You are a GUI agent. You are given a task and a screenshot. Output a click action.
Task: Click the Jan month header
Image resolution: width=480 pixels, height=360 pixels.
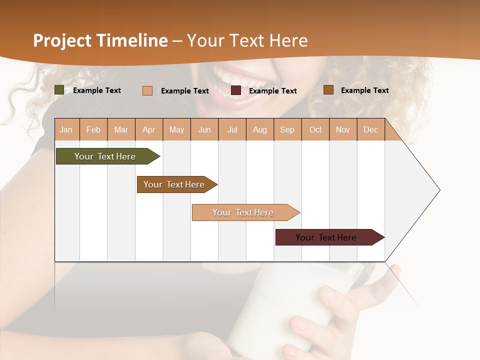pos(66,129)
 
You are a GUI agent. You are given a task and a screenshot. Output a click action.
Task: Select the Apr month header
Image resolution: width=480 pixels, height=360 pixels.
pos(148,129)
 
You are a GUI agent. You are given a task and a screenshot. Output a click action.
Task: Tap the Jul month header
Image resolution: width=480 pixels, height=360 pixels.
pos(232,129)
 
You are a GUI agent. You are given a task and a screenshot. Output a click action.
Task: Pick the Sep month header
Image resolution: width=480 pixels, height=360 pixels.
pos(287,129)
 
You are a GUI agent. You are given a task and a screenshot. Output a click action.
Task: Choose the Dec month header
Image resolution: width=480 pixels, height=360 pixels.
pos(370,129)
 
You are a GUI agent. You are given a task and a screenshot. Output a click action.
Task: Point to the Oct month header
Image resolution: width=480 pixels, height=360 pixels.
pos(315,129)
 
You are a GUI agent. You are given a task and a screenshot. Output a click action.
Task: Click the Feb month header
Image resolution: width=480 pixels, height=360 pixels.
pos(93,129)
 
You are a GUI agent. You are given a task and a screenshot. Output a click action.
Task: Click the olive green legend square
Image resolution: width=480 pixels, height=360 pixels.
pos(59,90)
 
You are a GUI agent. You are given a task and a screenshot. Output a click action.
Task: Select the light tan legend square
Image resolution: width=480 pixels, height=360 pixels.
pos(147,90)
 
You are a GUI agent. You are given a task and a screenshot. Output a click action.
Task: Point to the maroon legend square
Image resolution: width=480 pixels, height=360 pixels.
pos(236,90)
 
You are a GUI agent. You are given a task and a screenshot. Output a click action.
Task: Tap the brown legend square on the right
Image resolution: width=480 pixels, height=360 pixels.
pos(328,90)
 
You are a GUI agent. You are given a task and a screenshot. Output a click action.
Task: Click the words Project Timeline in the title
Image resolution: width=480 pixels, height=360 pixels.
pos(100,40)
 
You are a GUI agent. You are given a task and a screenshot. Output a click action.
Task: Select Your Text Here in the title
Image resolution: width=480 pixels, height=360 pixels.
pos(247,40)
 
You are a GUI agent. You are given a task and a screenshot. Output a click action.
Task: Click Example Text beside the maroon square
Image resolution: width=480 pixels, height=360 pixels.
pos(272,91)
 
